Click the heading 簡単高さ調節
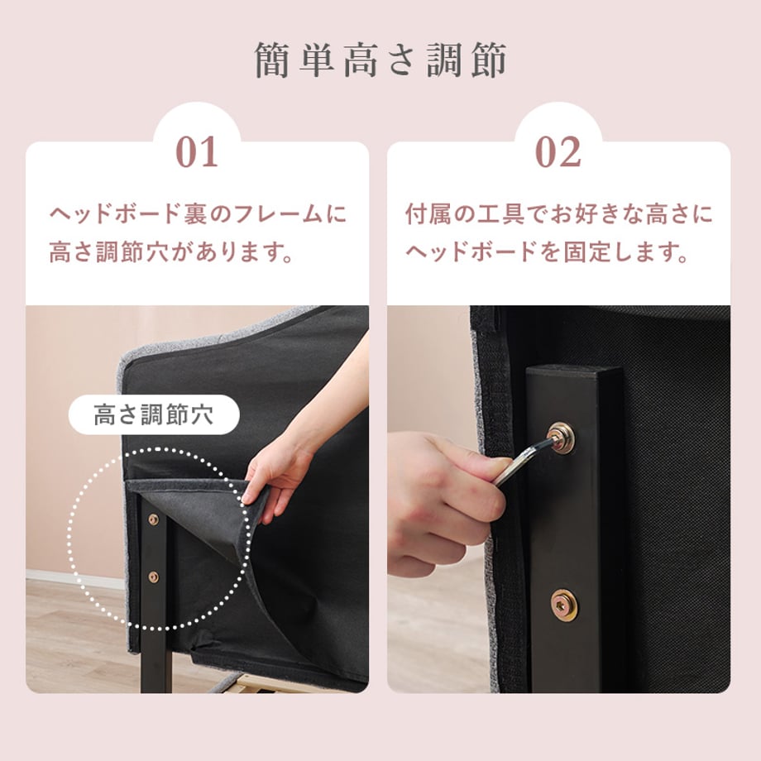tap(380, 60)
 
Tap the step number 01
tap(197, 152)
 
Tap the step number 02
tap(558, 152)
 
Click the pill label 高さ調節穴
tap(154, 414)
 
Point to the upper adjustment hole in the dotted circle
tap(153, 519)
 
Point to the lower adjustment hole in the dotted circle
tap(153, 577)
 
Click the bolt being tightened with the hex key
tap(561, 438)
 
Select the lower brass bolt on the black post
tap(564, 605)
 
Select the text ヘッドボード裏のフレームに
tap(199, 214)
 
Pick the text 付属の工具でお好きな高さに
tap(558, 214)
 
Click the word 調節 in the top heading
tap(467, 60)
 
